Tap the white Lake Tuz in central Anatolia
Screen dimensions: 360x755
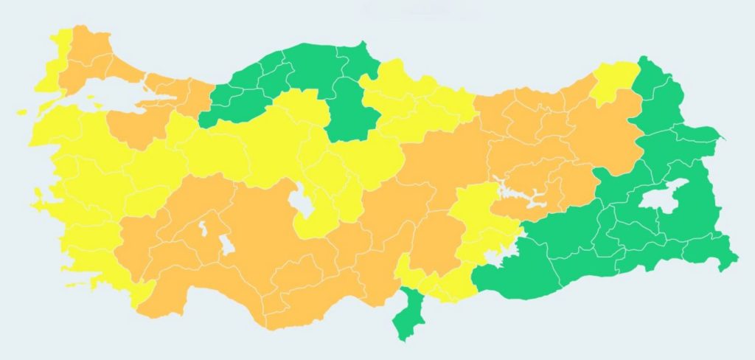coord(301,203)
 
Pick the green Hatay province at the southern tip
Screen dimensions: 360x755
coord(404,317)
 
